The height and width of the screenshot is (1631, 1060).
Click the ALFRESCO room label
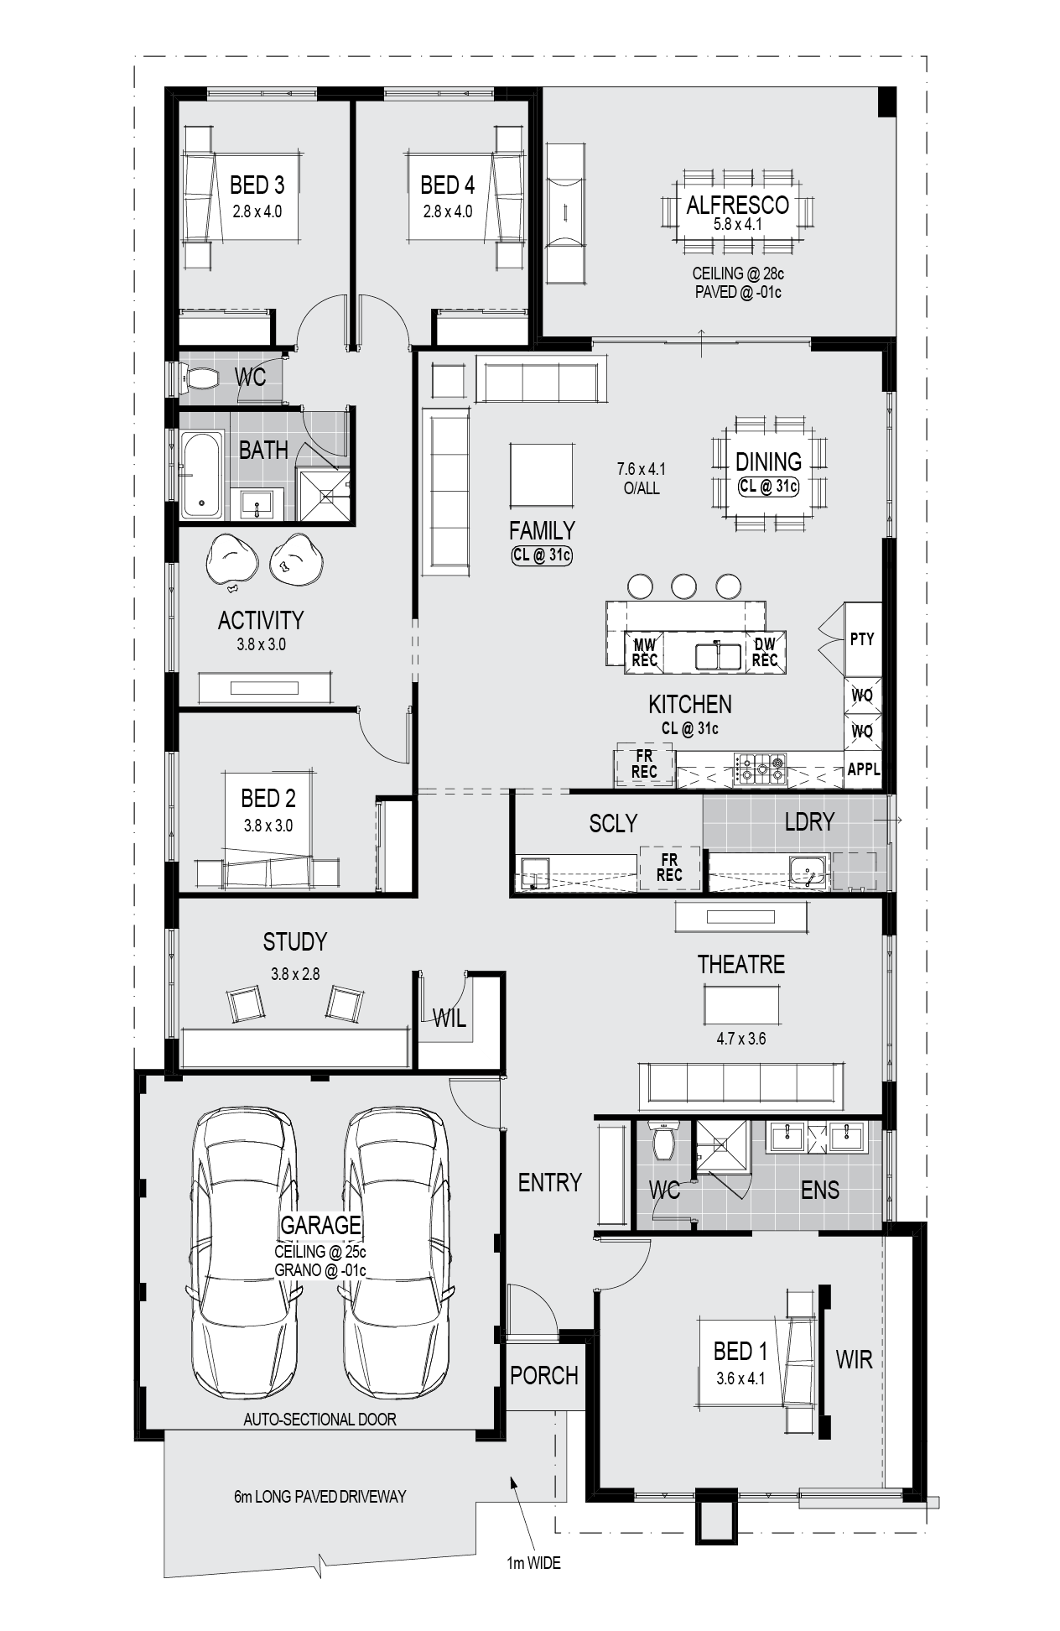point(737,205)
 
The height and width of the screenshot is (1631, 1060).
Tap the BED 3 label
point(257,185)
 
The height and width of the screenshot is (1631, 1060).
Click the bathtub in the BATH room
point(202,475)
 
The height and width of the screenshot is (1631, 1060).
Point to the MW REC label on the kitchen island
point(644,652)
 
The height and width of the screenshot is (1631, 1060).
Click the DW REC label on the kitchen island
point(764,652)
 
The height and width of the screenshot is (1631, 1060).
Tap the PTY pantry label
point(862,639)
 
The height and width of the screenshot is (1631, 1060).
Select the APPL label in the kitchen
point(864,769)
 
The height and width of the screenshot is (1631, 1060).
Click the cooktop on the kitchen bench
point(761,768)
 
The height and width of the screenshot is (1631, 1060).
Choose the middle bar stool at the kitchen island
point(684,586)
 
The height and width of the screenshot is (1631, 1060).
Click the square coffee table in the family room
point(543,475)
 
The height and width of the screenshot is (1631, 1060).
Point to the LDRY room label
point(809,821)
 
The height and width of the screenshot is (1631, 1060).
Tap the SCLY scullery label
point(613,823)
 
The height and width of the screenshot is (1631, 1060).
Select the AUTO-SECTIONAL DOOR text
point(320,1420)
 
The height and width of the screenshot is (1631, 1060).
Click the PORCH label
point(544,1375)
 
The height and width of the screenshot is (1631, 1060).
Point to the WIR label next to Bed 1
point(855,1359)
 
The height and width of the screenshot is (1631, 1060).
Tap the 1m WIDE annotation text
point(533,1563)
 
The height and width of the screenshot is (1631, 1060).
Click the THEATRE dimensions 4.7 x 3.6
point(740,1039)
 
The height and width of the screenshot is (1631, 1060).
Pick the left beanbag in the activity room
point(231,557)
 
